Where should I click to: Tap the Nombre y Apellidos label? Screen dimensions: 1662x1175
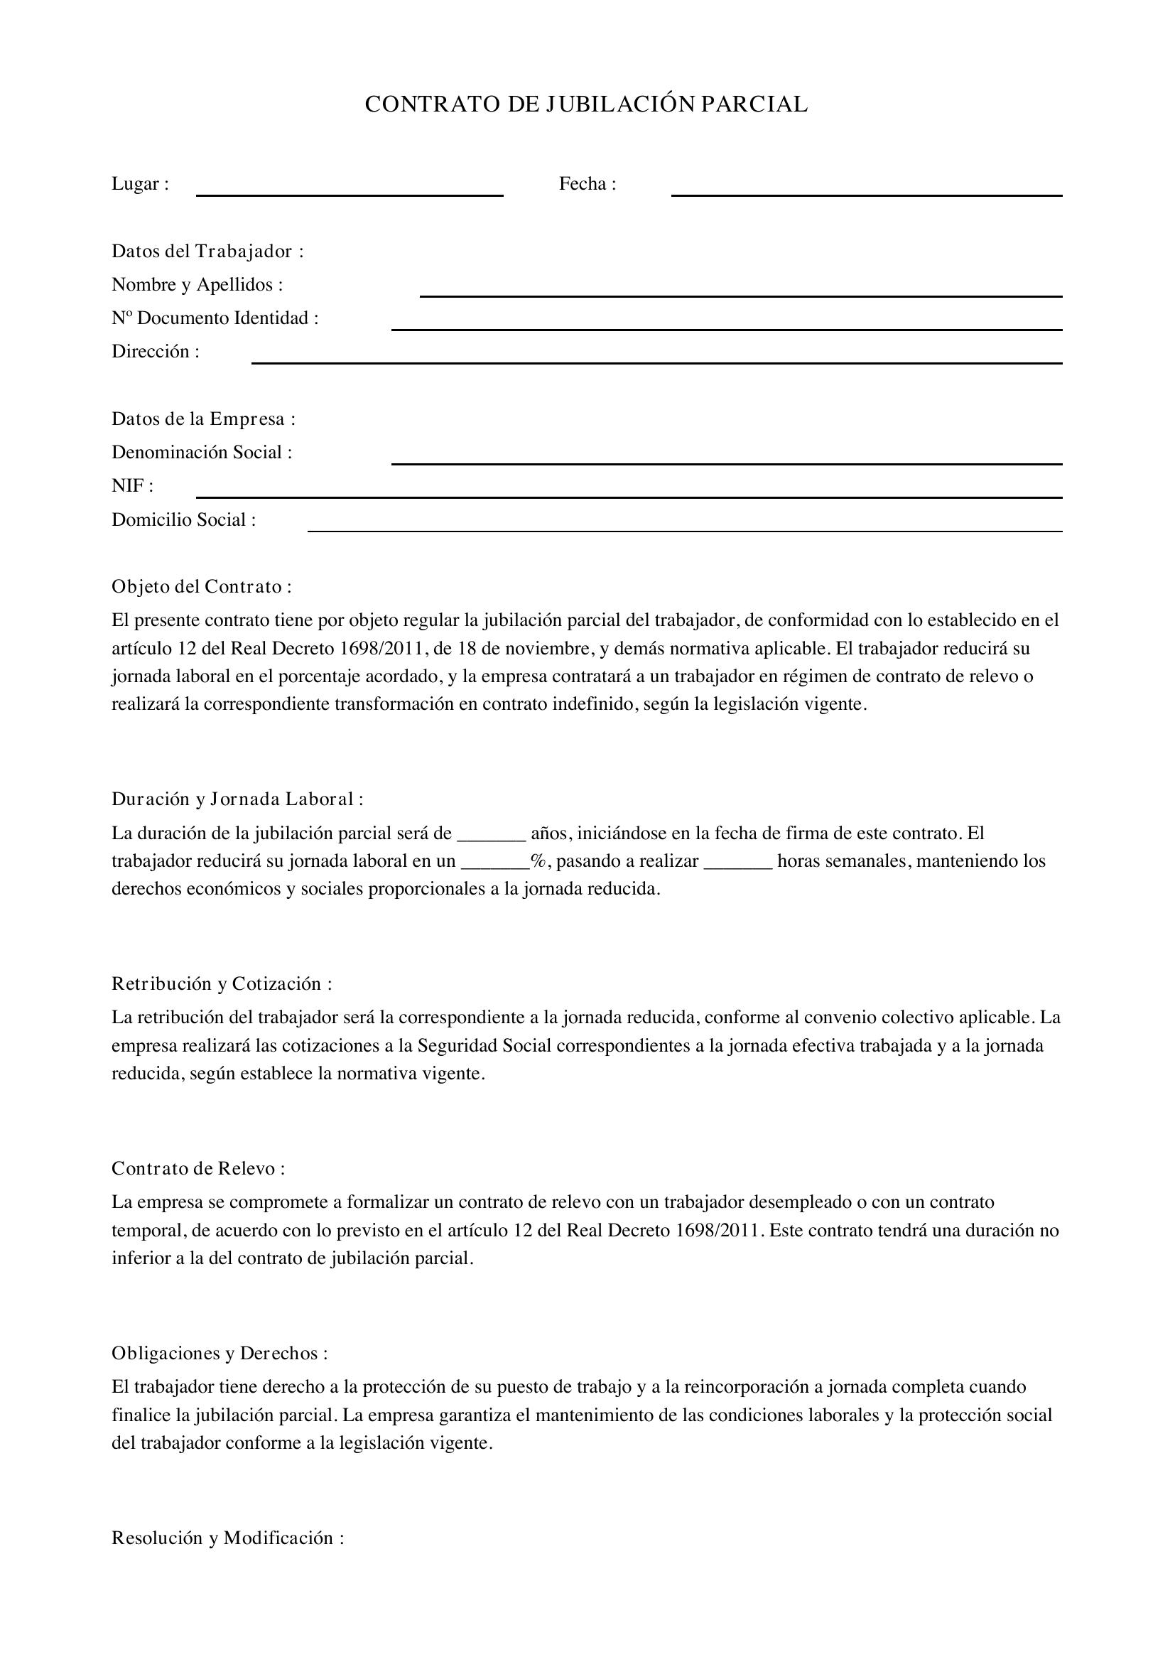[x=197, y=284]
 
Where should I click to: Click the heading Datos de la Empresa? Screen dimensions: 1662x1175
[x=203, y=419]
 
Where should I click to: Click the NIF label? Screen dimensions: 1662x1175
[x=131, y=486]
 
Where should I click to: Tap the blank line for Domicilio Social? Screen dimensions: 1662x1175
[x=684, y=529]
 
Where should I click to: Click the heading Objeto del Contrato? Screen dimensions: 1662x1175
[x=201, y=586]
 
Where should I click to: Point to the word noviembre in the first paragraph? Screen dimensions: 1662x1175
[x=549, y=648]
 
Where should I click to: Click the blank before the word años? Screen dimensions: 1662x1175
[x=492, y=839]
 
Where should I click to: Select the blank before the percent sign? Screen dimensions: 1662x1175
[x=495, y=867]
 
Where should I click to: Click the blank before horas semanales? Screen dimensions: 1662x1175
[x=737, y=867]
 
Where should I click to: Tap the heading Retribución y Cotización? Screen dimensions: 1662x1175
[x=222, y=983]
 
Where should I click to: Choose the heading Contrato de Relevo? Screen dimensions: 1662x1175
[x=197, y=1168]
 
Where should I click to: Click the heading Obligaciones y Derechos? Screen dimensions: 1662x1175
[x=220, y=1353]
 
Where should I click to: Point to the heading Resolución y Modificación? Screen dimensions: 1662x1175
[x=227, y=1538]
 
